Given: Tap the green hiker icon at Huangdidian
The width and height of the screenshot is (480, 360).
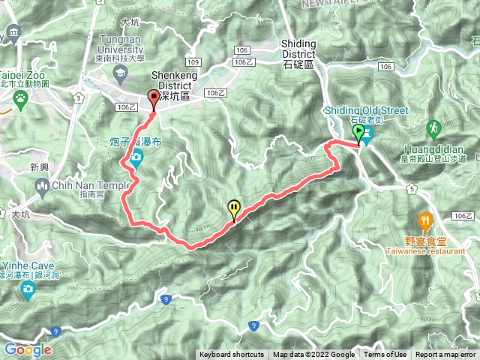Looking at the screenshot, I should [x=433, y=128].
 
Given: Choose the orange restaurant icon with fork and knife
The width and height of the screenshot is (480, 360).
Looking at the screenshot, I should [x=425, y=220].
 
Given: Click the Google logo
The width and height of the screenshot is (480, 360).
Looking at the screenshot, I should [x=27, y=349].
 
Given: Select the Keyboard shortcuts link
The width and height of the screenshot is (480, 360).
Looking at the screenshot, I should [x=231, y=355].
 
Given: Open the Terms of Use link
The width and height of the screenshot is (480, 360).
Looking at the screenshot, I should [x=385, y=355].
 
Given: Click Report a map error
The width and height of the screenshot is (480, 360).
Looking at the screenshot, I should [x=445, y=355].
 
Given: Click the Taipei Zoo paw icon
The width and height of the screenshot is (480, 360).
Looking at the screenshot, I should [x=19, y=97].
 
